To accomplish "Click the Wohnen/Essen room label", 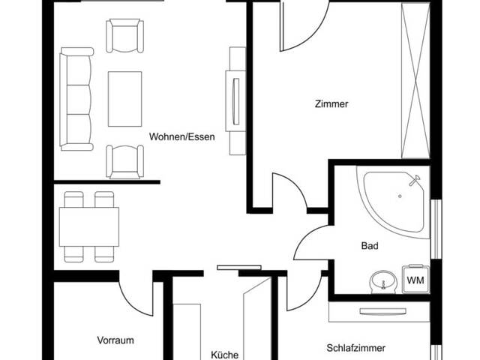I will (x=182, y=136).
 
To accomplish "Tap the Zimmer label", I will (x=331, y=104).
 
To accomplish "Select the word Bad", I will (x=370, y=245).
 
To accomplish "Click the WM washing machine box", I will (x=415, y=279).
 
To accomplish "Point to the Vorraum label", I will (x=115, y=340).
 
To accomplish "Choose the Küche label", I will (x=224, y=354).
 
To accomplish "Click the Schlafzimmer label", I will (x=355, y=348).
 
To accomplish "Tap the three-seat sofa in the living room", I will (x=76, y=99).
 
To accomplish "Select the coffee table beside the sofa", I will (x=125, y=98).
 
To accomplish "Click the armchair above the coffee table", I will (x=124, y=35).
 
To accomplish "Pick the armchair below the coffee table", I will (x=124, y=160).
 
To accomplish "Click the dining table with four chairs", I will (x=88, y=226).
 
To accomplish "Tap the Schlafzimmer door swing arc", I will (x=304, y=292).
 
